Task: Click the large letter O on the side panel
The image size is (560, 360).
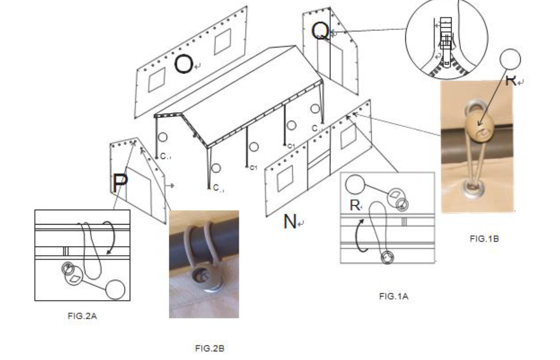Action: point(184,64)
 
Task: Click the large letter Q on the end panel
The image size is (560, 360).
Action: point(320,31)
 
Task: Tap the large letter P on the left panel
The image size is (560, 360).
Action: point(120,183)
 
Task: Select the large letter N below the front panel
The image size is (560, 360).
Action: point(290,221)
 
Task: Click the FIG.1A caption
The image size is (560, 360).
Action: point(394,296)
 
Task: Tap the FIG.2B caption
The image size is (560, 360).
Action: point(209,348)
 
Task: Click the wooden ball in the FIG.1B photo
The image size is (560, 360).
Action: point(476,123)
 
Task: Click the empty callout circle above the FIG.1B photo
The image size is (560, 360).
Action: point(510,59)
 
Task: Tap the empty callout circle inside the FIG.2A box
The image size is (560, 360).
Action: point(115,290)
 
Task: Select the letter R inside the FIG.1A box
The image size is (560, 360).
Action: point(354,205)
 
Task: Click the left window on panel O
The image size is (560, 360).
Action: point(157,79)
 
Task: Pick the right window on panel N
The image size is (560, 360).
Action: point(348,137)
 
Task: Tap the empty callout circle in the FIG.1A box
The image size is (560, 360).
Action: point(355,185)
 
